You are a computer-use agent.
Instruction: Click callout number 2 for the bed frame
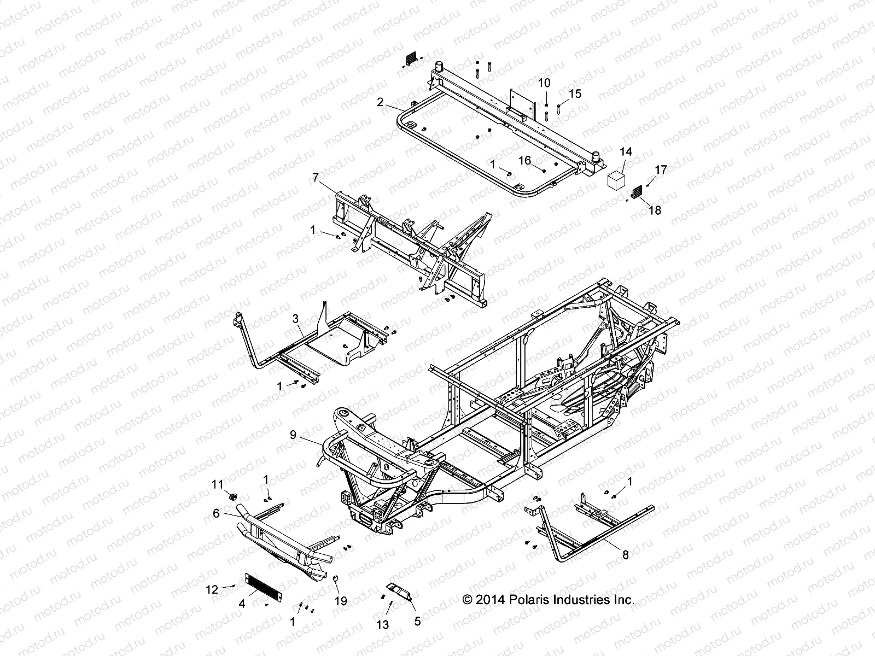point(394,102)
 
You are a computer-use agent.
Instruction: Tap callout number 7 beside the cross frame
point(315,177)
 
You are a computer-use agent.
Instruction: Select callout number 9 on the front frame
point(293,436)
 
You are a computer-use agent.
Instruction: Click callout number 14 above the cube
point(626,151)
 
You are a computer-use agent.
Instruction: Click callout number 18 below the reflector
point(655,210)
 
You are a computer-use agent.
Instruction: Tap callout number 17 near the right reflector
point(661,170)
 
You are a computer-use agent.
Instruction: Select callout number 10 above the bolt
point(544,83)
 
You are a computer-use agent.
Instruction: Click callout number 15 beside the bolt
point(575,94)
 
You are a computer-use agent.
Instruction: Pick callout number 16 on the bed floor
point(524,160)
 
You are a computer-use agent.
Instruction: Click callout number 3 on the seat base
point(295,319)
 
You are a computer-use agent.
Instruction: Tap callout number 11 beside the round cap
point(218,484)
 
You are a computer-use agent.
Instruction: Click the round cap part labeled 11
point(232,496)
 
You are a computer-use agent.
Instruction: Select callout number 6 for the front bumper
point(216,513)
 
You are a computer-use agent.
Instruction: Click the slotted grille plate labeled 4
point(265,584)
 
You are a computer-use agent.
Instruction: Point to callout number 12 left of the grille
point(212,589)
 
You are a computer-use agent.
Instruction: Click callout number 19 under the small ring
point(341,601)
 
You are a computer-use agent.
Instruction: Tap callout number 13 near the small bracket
point(383,624)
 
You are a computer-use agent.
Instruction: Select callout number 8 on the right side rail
point(625,555)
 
